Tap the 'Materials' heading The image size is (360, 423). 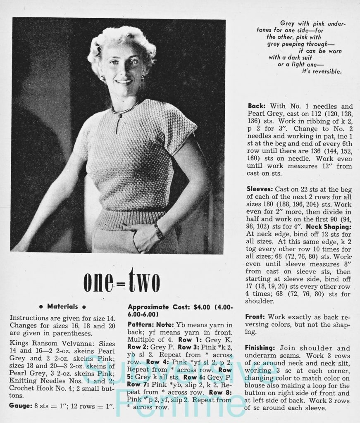(x=63, y=307)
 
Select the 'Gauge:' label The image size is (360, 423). (x=20, y=406)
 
